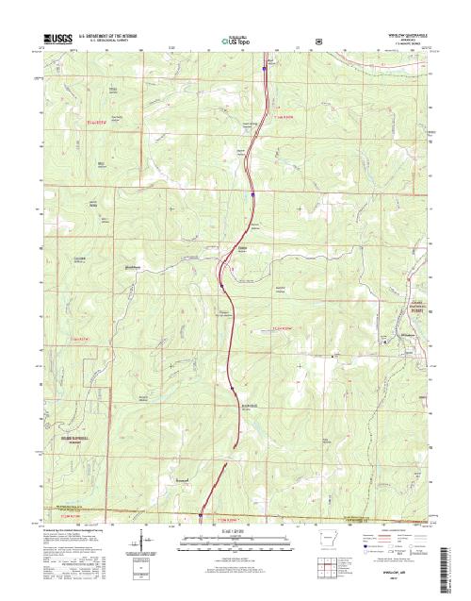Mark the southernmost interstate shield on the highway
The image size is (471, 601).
tap(200, 515)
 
